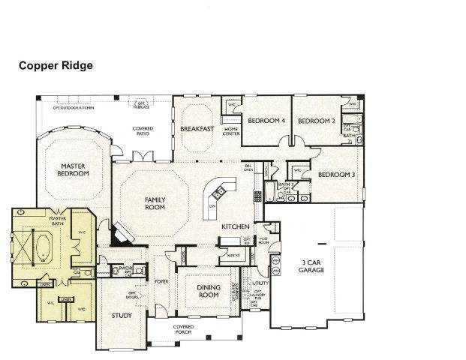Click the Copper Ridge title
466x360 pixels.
point(56,65)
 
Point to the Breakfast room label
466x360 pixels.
point(197,129)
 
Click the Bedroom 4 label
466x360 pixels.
point(266,121)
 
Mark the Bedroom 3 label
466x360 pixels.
point(335,175)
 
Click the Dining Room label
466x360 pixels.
point(208,291)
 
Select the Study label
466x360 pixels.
point(121,316)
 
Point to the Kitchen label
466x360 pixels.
point(235,226)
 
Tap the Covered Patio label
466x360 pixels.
point(143,130)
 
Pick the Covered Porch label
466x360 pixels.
point(182,329)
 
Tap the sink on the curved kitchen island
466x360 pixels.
point(213,205)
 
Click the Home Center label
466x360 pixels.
point(231,131)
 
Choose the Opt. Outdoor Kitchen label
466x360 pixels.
point(73,107)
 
